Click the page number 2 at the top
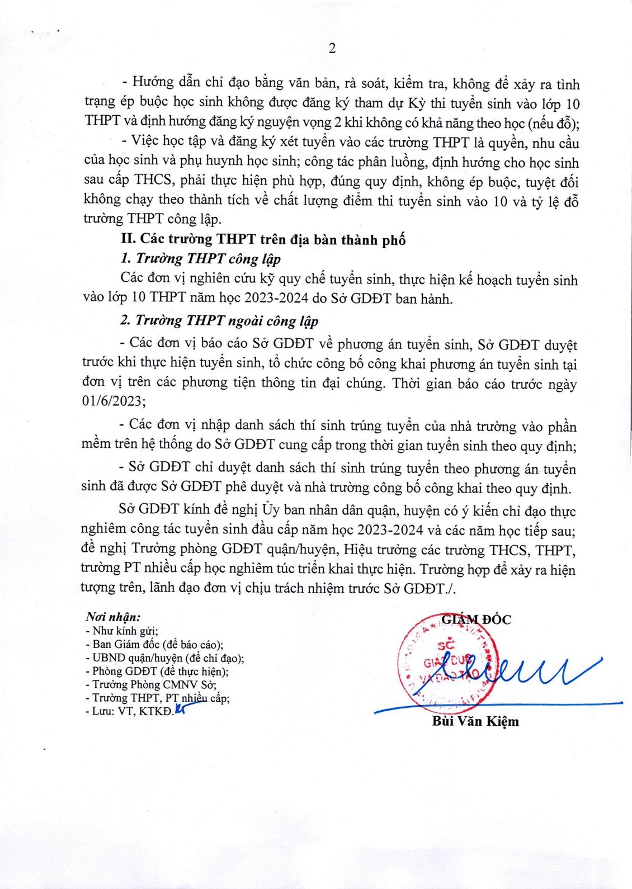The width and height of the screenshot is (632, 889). pos(332,49)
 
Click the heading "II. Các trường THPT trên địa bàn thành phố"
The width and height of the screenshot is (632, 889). pos(263,239)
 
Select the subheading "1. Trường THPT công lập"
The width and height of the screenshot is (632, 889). pos(200,258)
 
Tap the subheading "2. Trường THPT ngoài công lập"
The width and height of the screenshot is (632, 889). pos(219,320)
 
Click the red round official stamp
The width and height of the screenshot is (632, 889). pos(442,663)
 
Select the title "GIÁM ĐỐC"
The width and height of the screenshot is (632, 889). pos(476,619)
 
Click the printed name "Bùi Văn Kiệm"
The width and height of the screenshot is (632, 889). pos(475,721)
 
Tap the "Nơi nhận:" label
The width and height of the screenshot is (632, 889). pos(112,617)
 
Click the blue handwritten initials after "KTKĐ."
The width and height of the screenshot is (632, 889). pos(180,711)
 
